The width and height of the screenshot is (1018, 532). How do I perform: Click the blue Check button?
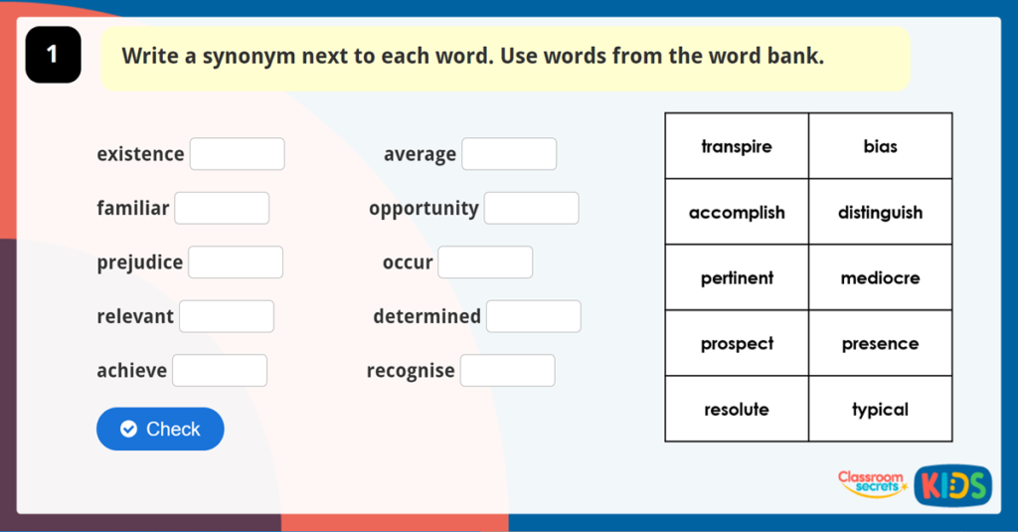pos(160,429)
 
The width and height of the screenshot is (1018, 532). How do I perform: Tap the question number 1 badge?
pos(53,56)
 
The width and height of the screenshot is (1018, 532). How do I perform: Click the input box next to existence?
pos(238,154)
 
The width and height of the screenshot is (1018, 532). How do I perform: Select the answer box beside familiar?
pos(222,208)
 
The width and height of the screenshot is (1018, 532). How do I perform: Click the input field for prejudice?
pos(236,263)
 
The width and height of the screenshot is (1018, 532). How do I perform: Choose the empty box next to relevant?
pos(227,316)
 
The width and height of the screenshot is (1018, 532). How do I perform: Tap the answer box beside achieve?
pos(220,370)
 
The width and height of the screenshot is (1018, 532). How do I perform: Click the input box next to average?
pos(509,154)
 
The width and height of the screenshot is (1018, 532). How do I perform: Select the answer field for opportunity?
pos(531,208)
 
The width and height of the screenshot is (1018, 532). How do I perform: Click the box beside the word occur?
pos(485,263)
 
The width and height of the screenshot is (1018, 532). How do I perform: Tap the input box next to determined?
pos(534,316)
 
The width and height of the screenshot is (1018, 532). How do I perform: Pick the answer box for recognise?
pos(508,370)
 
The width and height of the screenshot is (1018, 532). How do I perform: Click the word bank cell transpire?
pos(737,146)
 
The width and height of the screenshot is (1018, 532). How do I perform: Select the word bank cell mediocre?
pos(880,278)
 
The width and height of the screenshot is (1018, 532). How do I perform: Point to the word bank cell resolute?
pos(737,410)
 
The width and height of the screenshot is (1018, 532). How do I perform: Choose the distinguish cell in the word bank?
pos(880,213)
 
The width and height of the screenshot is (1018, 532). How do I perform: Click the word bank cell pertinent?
pos(737,278)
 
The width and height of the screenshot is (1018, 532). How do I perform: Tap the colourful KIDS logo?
pos(952,485)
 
